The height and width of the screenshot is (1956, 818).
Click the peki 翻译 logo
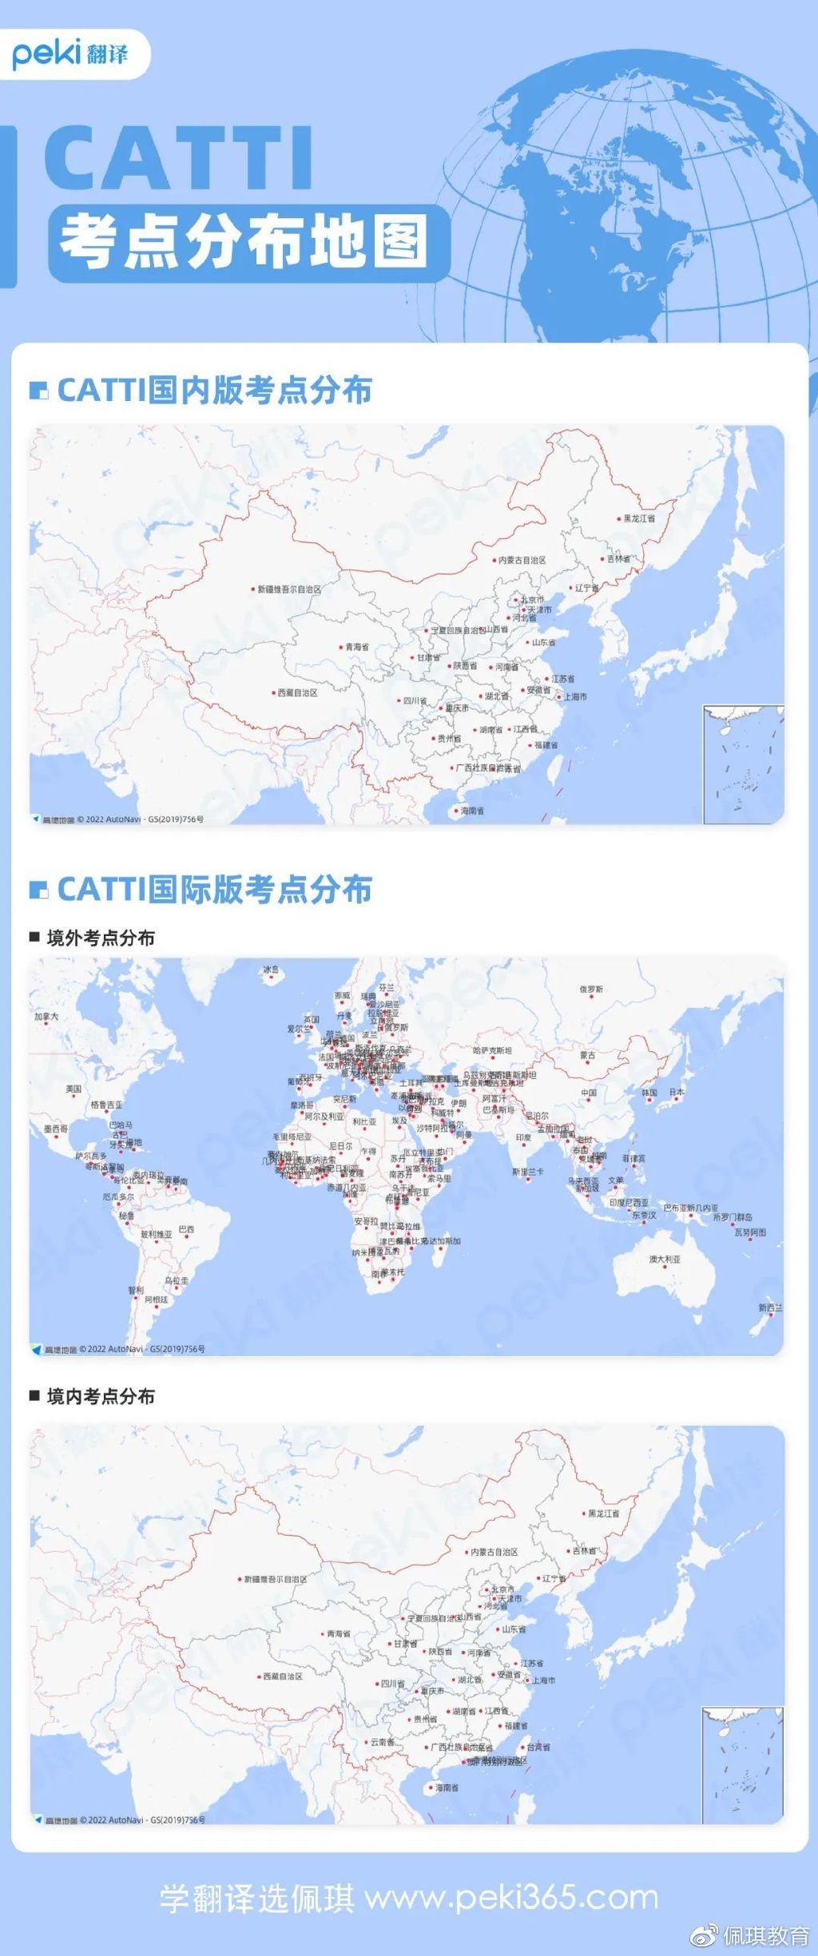pyautogui.click(x=70, y=54)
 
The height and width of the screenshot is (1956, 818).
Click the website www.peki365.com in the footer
pyautogui.click(x=511, y=1897)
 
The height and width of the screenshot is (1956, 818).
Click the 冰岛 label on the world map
pyautogui.click(x=272, y=970)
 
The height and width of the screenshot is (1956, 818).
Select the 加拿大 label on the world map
pyautogui.click(x=46, y=1017)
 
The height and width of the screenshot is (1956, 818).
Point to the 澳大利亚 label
pyautogui.click(x=665, y=1260)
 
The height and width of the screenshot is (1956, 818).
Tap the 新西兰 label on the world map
pyautogui.click(x=770, y=1307)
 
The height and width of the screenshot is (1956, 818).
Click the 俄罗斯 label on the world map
pyautogui.click(x=591, y=989)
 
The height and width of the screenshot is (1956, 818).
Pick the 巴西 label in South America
pyautogui.click(x=186, y=1228)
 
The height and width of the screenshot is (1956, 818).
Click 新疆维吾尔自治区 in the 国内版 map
pyautogui.click(x=288, y=589)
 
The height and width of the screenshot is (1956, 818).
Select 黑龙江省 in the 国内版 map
pyautogui.click(x=638, y=518)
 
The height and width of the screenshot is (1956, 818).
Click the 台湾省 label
pyautogui.click(x=538, y=1747)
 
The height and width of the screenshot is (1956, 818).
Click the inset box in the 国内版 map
pyautogui.click(x=743, y=764)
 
